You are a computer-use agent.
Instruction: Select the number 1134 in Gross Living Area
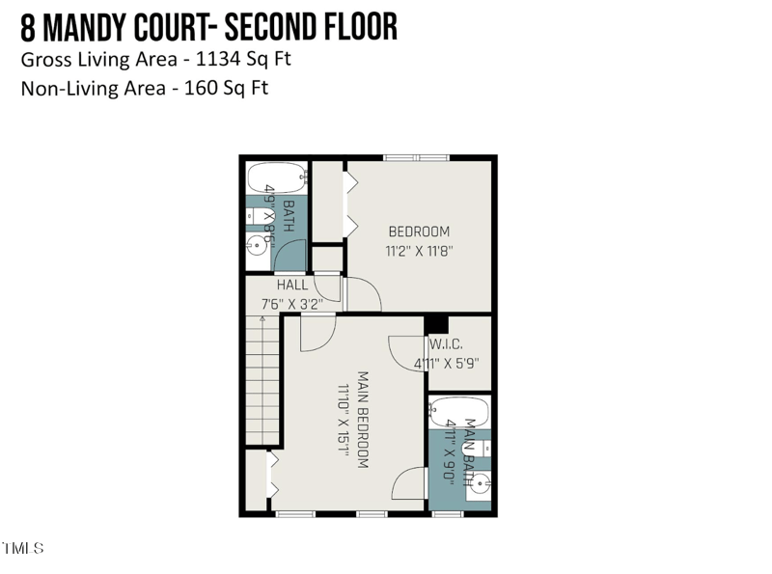[x=219, y=58]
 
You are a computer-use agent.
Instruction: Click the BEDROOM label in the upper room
[x=419, y=232]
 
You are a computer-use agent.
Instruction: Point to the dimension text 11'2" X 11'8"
[x=420, y=250]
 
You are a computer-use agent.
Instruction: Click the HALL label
[x=292, y=286]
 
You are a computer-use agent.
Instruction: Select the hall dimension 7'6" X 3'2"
[x=291, y=303]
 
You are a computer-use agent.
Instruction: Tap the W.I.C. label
[x=446, y=345]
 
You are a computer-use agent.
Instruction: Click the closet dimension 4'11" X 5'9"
[x=446, y=364]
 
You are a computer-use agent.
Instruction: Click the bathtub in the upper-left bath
[x=275, y=179]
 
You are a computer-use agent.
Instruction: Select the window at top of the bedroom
[x=416, y=157]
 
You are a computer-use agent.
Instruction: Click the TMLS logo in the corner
[x=22, y=548]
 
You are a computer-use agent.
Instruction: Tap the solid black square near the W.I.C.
[x=436, y=324]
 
